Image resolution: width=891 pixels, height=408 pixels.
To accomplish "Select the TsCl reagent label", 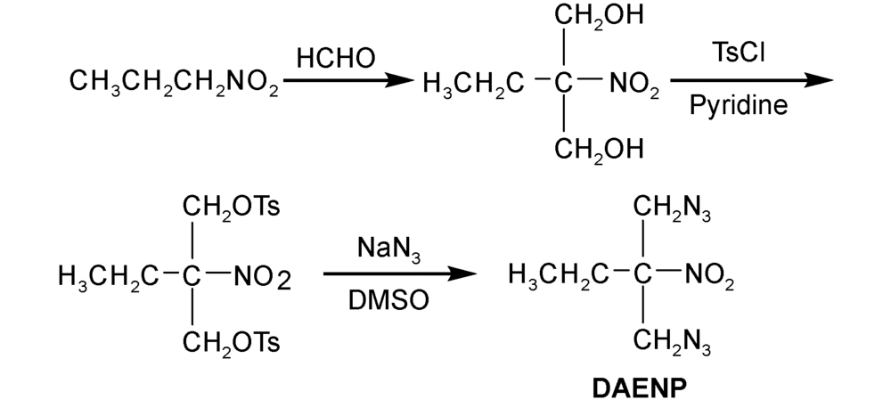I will (x=739, y=53).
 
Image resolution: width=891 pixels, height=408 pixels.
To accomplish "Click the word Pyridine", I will (x=739, y=106).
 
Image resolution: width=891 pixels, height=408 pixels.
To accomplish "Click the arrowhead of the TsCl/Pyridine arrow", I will (x=817, y=80).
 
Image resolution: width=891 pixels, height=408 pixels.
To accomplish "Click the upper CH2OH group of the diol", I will (x=598, y=17).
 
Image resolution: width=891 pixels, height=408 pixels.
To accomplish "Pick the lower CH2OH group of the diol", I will (x=598, y=149).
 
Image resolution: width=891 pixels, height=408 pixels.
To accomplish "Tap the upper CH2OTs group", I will (x=232, y=208).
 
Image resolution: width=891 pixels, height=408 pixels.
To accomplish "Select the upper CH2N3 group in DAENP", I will (x=673, y=208).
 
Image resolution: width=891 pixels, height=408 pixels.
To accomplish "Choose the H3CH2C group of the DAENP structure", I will (x=556, y=277).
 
